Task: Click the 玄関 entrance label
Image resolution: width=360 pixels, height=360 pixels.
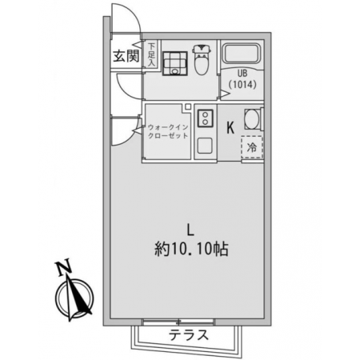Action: click(126, 56)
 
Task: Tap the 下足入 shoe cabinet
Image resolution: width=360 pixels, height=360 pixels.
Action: click(151, 54)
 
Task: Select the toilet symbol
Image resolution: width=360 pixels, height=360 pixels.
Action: click(202, 59)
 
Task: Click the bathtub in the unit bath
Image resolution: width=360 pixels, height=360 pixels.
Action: click(242, 53)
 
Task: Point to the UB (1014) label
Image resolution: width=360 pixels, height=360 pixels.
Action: click(242, 79)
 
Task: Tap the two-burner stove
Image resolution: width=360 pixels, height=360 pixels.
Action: click(205, 118)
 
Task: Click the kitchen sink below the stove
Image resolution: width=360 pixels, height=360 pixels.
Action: click(205, 146)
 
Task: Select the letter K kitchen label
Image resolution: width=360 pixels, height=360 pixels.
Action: click(230, 127)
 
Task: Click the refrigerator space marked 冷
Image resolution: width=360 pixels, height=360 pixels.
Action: click(252, 147)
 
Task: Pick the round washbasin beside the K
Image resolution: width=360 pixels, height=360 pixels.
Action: click(251, 119)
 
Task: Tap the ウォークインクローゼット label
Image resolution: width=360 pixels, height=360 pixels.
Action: click(168, 131)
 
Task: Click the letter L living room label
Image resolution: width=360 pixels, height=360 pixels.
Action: click(190, 230)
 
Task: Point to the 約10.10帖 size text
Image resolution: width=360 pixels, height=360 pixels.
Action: click(191, 250)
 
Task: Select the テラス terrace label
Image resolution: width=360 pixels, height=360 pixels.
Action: click(189, 335)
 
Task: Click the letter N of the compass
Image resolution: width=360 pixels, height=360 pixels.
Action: click(64, 267)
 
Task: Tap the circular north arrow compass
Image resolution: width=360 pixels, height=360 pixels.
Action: click(75, 298)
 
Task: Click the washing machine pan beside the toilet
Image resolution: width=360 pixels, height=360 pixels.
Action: click(174, 63)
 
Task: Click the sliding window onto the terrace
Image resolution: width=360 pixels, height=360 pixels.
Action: click(178, 322)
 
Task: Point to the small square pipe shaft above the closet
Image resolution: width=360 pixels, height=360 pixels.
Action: click(188, 106)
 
